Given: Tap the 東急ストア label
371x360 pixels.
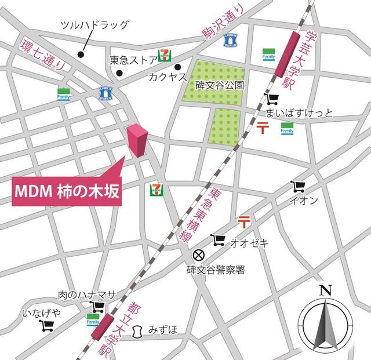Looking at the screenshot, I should point(133,60).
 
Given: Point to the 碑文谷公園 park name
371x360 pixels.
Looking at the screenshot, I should point(220,85).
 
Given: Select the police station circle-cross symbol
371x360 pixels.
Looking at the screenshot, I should point(198,255).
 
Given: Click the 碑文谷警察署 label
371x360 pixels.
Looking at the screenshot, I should point(216,270).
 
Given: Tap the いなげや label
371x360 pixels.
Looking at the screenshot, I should point(41,313).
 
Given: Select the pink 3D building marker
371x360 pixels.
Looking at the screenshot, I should point(137,140).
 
